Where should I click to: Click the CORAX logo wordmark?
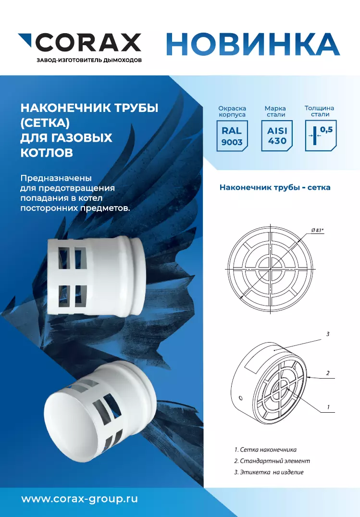pos(88,43)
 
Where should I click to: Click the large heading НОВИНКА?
pos(253,44)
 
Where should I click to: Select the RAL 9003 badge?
pos(232,136)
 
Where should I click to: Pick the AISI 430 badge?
pos(277,136)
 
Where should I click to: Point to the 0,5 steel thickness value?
pos(326,130)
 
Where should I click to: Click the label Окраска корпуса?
pos(232,111)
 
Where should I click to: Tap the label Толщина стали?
pos(320,111)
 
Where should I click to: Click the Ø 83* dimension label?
pos(317,230)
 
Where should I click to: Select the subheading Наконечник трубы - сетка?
pos(275,187)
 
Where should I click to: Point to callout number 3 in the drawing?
pos(328,334)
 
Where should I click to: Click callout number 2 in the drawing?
pos(328,373)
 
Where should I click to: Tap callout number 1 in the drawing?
pos(328,407)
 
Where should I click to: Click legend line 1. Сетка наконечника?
pos(265,449)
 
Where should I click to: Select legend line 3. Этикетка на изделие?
pos(269,472)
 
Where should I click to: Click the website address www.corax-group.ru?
pos(79,499)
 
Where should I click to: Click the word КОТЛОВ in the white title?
pos(47,153)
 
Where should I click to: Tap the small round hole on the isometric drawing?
pos(240,398)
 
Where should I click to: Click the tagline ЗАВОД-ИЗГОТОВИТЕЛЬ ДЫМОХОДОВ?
pos(89,61)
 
